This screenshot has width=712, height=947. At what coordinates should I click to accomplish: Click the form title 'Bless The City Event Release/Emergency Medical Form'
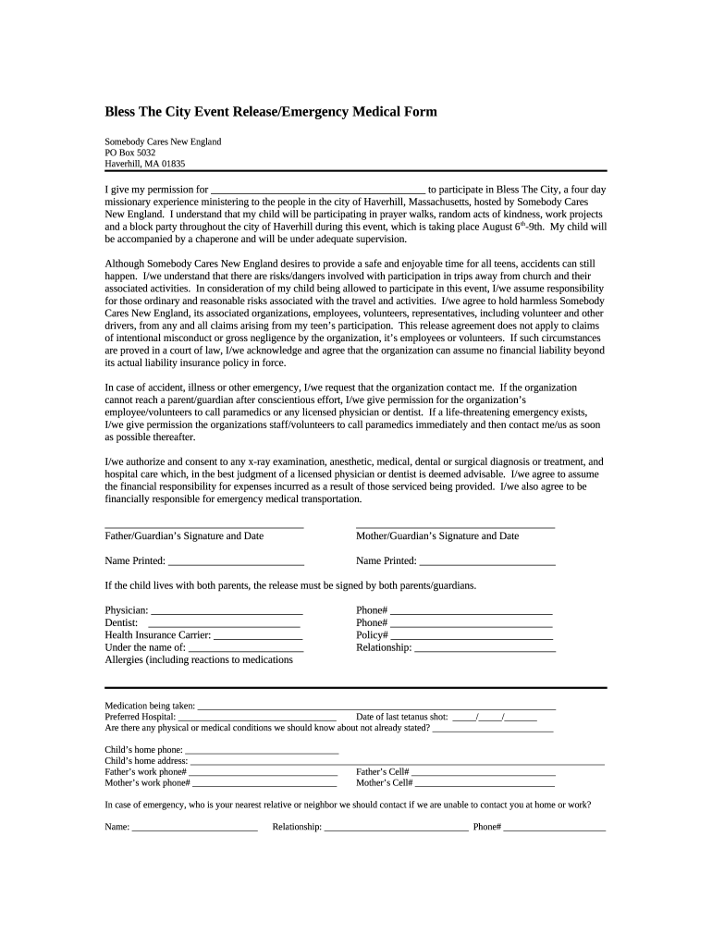[x=270, y=112]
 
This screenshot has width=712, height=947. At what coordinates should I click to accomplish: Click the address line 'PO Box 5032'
[x=130, y=153]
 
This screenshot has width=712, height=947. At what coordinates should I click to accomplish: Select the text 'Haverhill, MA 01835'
[x=144, y=164]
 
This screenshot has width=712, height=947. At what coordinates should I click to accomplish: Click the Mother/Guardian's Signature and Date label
[x=437, y=535]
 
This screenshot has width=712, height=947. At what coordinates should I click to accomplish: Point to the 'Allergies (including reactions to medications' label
[x=199, y=659]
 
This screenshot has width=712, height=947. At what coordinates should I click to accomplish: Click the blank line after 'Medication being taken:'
[x=376, y=707]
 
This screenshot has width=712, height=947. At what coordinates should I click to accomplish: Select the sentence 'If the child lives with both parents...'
[x=290, y=585]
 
